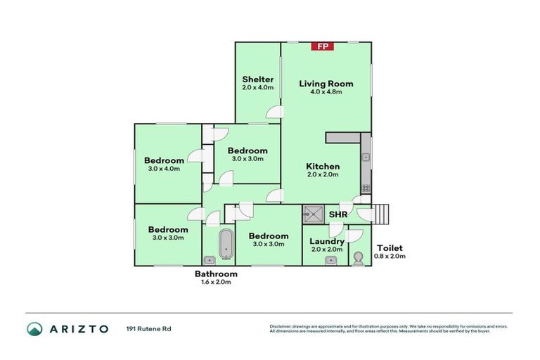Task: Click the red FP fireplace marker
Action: coord(323,46)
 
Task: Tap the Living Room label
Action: coord(326,84)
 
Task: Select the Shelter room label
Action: coord(257,79)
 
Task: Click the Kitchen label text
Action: coord(323,167)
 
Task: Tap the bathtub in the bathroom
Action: coord(226,244)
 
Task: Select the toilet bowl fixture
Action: coord(359,259)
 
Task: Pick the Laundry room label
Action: coord(326,241)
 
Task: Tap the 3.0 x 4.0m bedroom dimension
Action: coord(165,169)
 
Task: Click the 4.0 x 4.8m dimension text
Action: coord(326,92)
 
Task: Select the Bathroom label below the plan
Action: coord(216,274)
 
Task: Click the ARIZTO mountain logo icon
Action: coord(34,328)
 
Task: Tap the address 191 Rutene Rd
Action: coord(148,328)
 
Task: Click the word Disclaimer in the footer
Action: coord(281,326)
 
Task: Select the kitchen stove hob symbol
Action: coord(366,188)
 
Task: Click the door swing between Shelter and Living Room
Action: coord(276,111)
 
